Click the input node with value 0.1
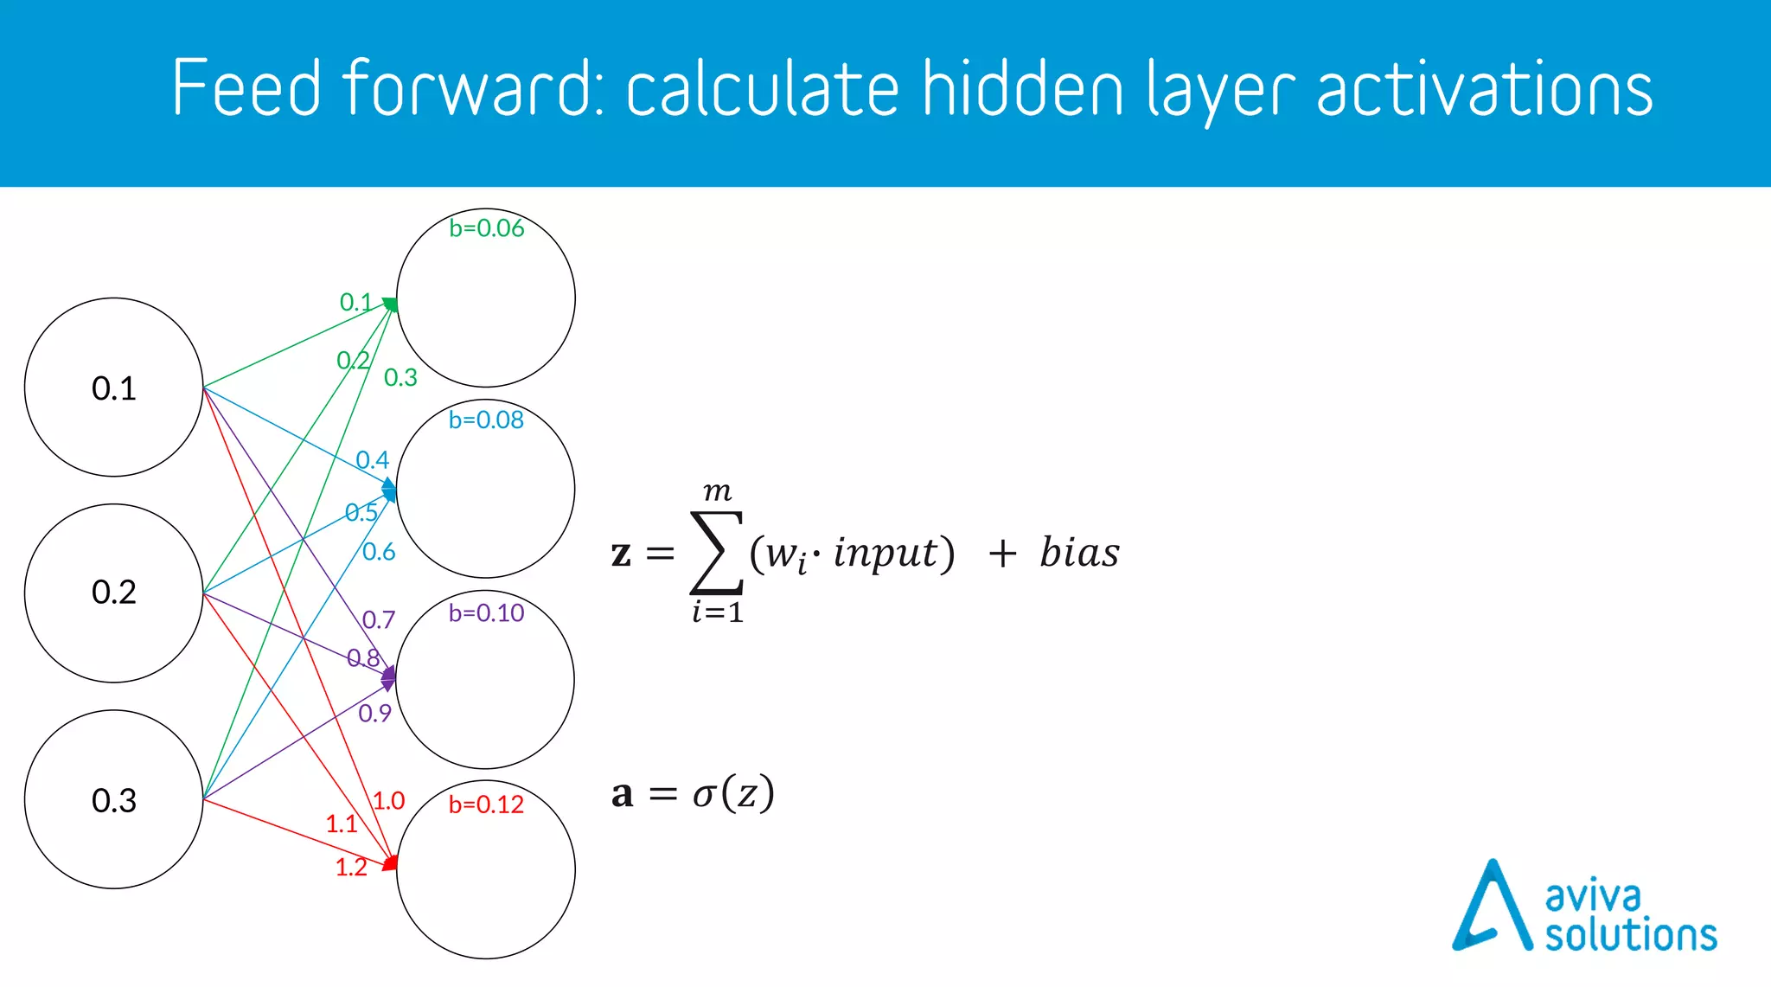click(113, 388)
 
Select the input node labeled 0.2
click(113, 593)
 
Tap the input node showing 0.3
click(113, 800)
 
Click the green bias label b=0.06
click(486, 228)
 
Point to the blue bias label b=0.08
click(486, 420)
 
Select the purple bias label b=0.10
click(486, 613)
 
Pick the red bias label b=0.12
click(486, 804)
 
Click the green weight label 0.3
click(400, 378)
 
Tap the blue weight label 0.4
click(373, 460)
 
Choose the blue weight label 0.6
click(379, 552)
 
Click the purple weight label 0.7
click(379, 619)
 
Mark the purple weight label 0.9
click(374, 714)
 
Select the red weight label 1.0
click(388, 801)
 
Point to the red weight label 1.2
click(351, 868)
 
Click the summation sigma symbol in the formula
click(716, 552)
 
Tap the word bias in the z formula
click(1079, 553)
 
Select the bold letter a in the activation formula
click(622, 794)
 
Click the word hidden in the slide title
click(1021, 89)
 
